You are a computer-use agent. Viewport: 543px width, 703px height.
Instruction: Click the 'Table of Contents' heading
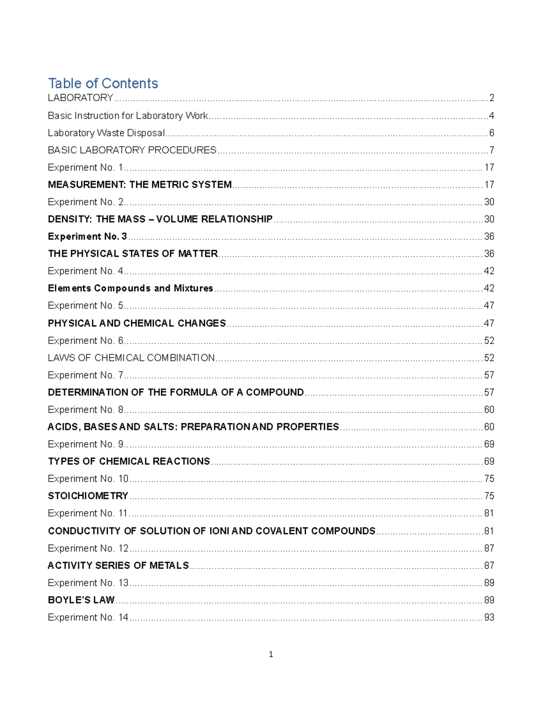(x=103, y=83)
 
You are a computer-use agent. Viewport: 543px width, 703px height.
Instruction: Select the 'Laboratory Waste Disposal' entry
(x=106, y=133)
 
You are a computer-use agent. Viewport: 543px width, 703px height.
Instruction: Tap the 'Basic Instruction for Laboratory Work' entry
(x=128, y=115)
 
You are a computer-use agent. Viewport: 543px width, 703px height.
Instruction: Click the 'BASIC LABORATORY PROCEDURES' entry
(x=132, y=150)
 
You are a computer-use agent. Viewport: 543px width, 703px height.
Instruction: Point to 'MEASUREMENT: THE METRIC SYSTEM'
(x=140, y=185)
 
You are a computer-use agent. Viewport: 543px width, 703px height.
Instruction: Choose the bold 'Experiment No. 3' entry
(x=87, y=236)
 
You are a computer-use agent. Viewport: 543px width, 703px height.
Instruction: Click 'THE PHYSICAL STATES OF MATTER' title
(x=133, y=253)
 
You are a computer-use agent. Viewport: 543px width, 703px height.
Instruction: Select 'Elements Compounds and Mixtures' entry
(x=130, y=288)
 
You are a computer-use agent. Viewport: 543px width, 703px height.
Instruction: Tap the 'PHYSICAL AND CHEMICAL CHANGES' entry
(x=137, y=323)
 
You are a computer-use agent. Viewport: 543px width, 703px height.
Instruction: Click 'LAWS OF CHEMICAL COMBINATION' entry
(x=131, y=358)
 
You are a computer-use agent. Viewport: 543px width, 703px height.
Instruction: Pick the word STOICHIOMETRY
(x=88, y=496)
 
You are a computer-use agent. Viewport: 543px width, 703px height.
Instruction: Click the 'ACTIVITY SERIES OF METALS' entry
(x=119, y=565)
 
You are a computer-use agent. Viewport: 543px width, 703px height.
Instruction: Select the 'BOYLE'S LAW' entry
(x=81, y=600)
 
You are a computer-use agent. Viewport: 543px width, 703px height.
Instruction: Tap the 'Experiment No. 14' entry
(x=88, y=617)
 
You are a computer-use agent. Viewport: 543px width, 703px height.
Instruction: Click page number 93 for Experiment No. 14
(x=489, y=617)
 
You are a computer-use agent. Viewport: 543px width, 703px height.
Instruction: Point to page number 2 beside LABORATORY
(x=491, y=98)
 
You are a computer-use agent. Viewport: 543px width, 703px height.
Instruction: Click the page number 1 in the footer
(x=271, y=654)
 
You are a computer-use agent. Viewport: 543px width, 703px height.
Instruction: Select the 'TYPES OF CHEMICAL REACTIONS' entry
(x=129, y=461)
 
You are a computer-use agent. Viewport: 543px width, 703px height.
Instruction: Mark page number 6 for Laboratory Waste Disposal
(x=491, y=133)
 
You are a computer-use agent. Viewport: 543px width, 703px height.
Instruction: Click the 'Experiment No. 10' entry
(x=88, y=478)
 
